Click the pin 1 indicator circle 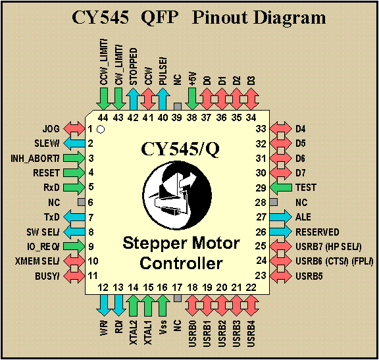101,130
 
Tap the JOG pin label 51,128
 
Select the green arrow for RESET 74,173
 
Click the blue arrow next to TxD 74,217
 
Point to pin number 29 261,188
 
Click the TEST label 306,188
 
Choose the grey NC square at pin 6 82,202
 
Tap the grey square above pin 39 178,107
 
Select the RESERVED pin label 317,232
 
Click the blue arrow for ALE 280,217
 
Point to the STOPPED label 133,66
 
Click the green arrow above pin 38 192,99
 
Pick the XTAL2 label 133,332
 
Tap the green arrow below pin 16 163,305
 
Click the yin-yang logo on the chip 178,195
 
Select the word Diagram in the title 290,18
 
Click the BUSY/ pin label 47,276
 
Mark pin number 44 103,118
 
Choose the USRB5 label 309,276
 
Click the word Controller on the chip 182,263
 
